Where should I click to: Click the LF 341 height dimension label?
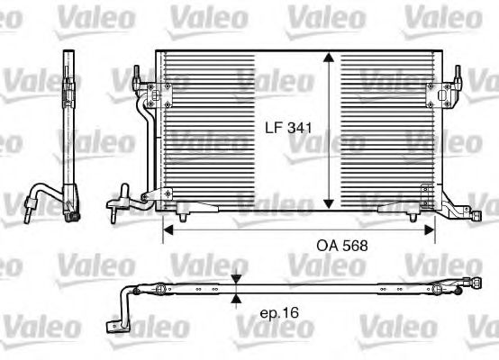289,128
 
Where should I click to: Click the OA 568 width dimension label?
342,246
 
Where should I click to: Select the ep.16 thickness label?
280,313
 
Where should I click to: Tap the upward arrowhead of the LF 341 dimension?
329,58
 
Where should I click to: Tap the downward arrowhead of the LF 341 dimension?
329,204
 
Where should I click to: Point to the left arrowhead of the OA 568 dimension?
168,229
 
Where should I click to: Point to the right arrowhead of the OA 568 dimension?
430,229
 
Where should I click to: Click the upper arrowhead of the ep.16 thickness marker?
236,280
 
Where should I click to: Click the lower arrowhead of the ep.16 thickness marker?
236,298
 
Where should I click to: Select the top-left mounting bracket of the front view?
159,95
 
